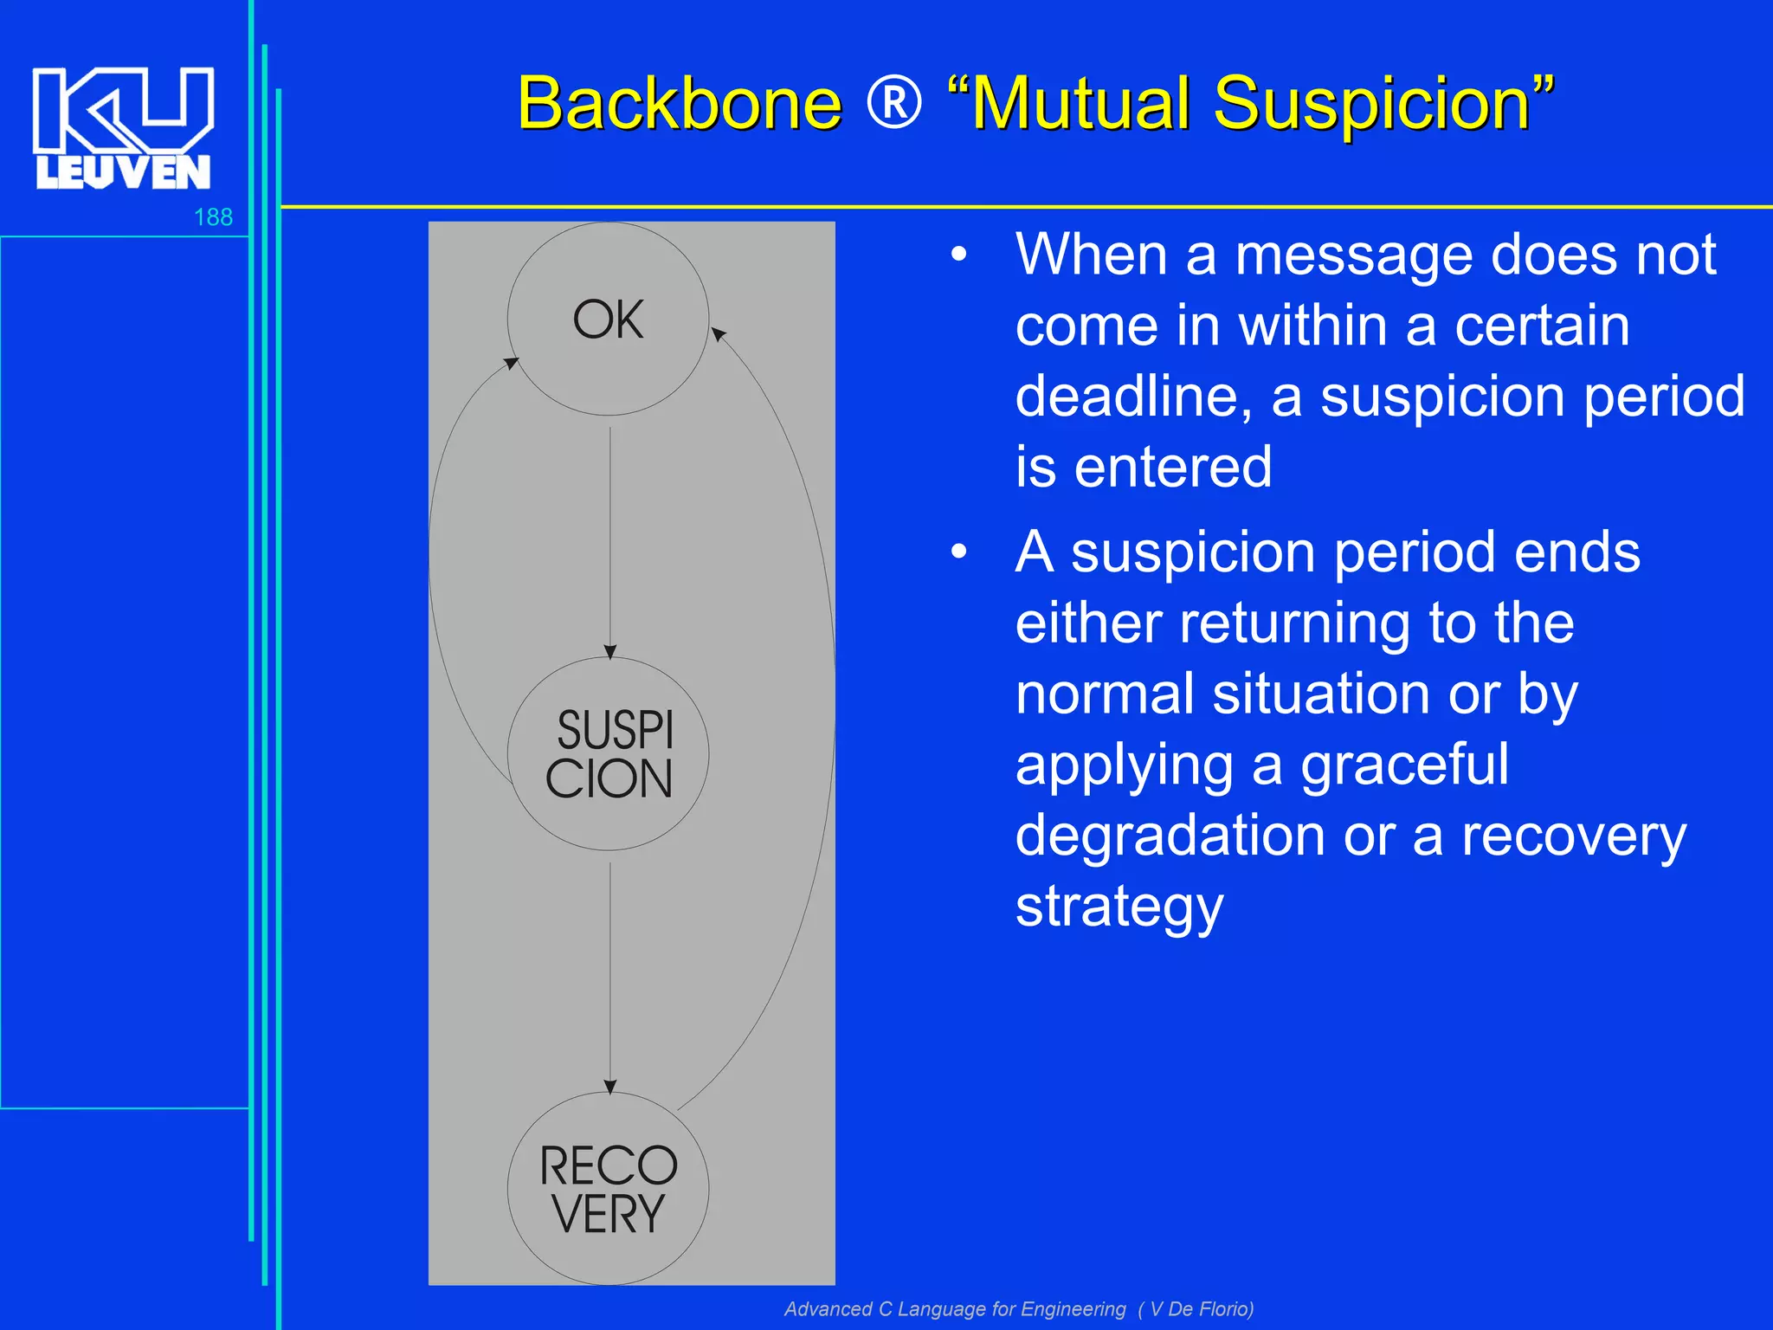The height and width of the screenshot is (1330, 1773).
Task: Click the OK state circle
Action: pyautogui.click(x=608, y=320)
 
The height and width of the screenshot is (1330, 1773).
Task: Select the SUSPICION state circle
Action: pyautogui.click(x=608, y=754)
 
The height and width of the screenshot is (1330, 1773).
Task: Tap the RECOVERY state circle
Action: pyautogui.click(x=608, y=1189)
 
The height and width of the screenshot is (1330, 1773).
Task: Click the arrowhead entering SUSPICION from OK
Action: pyautogui.click(x=610, y=651)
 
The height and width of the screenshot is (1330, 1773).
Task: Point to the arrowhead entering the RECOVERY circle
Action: pyautogui.click(x=610, y=1087)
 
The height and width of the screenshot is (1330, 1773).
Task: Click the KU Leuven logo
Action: pyautogui.click(x=123, y=127)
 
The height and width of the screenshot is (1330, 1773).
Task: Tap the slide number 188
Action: pyautogui.click(x=213, y=216)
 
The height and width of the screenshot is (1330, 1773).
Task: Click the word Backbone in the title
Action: pyautogui.click(x=680, y=104)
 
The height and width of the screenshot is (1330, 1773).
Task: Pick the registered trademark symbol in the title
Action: pyautogui.click(x=894, y=102)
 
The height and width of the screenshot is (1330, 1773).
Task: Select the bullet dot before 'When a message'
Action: pyautogui.click(x=958, y=255)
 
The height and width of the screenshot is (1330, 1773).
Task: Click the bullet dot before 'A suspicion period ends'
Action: pyautogui.click(x=958, y=552)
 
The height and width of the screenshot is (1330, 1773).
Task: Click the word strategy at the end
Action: pyautogui.click(x=1119, y=907)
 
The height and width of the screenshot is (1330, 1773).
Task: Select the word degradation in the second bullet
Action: pyautogui.click(x=1170, y=836)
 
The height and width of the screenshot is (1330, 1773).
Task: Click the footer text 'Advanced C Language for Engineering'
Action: pyautogui.click(x=955, y=1308)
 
